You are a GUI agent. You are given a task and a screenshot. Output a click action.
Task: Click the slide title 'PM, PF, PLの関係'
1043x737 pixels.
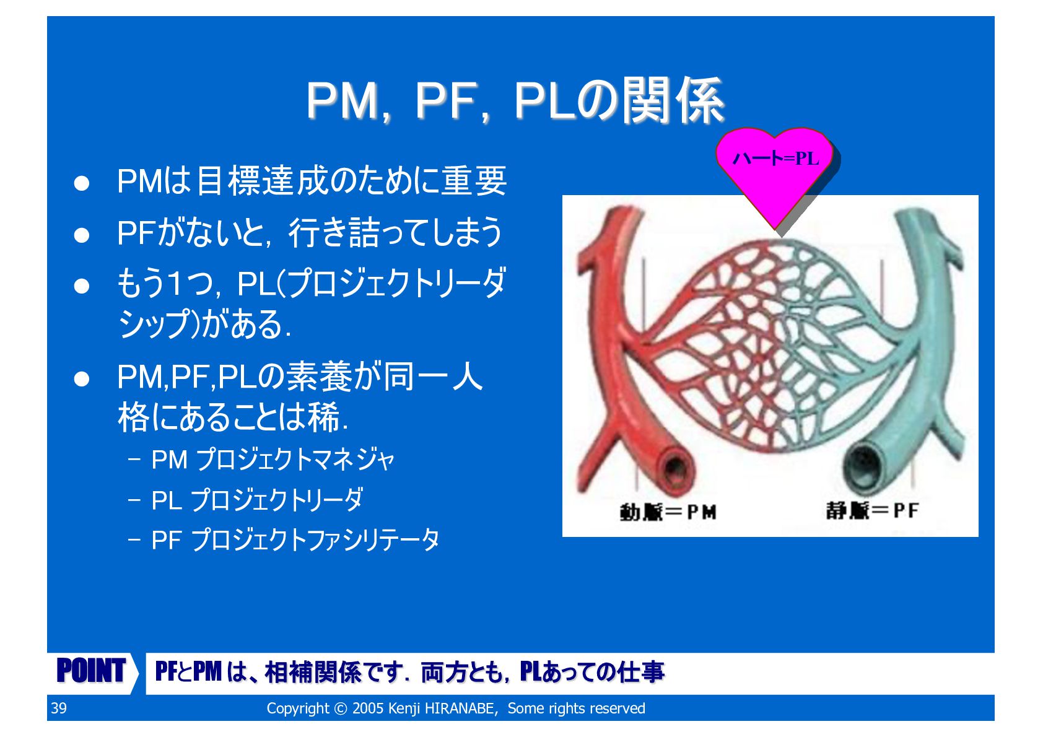click(x=515, y=100)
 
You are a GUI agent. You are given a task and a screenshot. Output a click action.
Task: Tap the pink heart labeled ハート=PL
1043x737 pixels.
click(x=775, y=170)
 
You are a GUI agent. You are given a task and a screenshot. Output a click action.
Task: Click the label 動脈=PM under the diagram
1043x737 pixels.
click(x=668, y=512)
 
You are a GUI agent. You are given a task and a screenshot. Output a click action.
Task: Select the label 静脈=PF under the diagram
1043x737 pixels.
click(x=872, y=511)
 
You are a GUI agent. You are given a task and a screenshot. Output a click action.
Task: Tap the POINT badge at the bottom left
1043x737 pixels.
click(x=91, y=671)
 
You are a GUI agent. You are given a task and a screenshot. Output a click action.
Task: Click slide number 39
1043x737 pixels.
click(x=59, y=709)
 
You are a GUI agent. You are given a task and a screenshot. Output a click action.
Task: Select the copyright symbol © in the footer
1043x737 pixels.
click(x=341, y=709)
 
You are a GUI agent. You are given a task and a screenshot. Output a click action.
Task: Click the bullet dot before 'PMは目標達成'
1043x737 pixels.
click(x=82, y=183)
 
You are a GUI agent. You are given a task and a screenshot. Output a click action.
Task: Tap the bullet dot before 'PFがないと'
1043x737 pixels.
click(x=82, y=235)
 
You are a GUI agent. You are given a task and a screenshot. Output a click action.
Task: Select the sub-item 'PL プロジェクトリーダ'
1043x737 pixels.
click(x=257, y=500)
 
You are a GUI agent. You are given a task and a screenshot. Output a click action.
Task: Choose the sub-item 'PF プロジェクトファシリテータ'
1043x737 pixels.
click(x=295, y=540)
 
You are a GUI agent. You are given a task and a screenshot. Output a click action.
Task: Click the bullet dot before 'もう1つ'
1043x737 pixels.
click(x=82, y=286)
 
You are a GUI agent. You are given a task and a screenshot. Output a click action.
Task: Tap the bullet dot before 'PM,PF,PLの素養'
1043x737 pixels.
click(x=82, y=379)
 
